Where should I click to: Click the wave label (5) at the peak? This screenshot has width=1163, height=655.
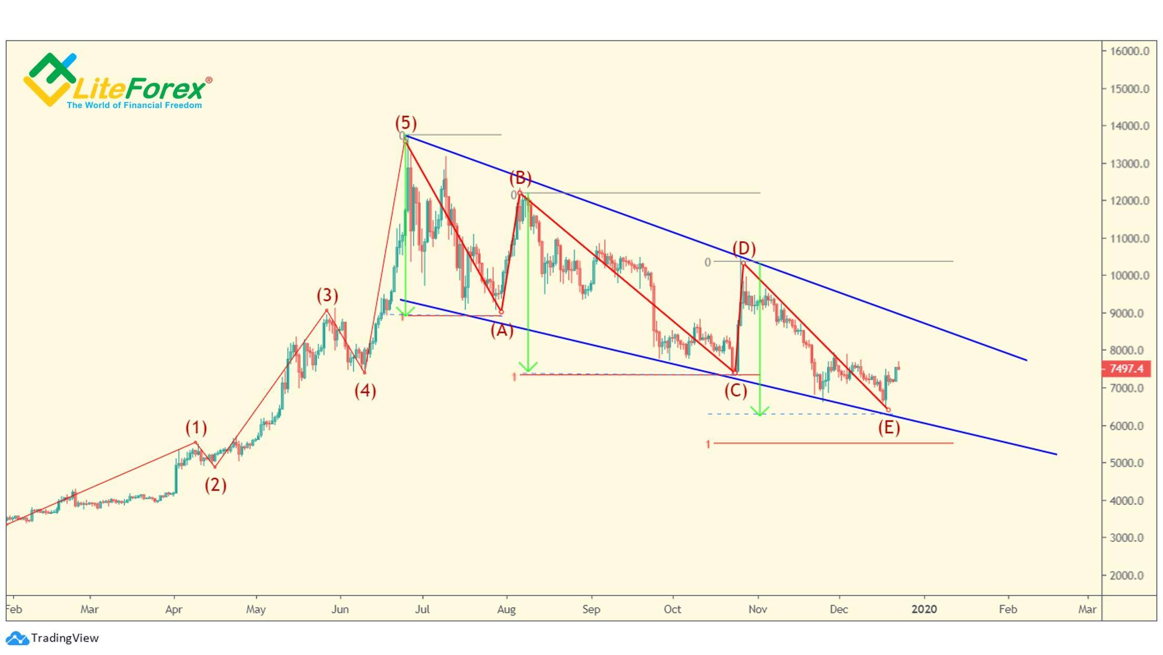point(406,123)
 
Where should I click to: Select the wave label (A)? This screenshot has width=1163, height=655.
point(502,330)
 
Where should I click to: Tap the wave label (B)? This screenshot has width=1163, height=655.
point(521,178)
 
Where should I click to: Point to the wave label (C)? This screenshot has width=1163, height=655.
point(736,390)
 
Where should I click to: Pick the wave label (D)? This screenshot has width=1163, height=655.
point(744,248)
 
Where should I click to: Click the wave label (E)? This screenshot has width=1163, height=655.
point(889,428)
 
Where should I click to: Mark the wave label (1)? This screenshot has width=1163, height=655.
point(196,428)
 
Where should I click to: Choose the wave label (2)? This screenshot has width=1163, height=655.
point(216,484)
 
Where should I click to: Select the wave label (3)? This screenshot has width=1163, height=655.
point(327,295)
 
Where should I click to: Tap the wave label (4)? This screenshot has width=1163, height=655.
point(365,390)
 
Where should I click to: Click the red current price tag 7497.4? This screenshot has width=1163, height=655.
point(1126,369)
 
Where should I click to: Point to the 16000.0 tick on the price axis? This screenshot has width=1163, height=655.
point(1129,51)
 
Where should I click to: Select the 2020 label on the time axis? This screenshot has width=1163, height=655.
point(924,609)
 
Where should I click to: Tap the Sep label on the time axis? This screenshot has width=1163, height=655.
point(591,609)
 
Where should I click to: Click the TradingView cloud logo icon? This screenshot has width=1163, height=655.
point(17,638)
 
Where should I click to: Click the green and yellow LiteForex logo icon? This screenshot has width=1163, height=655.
point(50,79)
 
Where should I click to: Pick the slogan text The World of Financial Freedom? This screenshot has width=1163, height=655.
point(134,105)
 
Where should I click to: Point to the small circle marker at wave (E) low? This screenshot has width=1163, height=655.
point(889,410)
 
